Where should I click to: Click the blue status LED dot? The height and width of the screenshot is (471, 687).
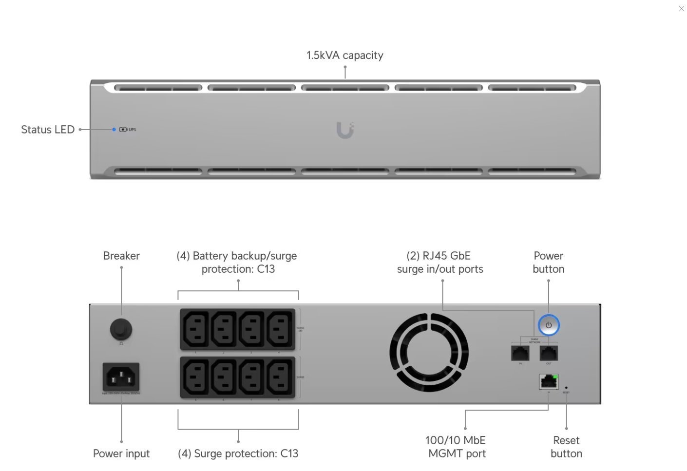(114, 130)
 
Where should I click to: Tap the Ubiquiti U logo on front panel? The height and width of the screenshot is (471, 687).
(345, 130)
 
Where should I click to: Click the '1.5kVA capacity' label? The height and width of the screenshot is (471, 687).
(344, 55)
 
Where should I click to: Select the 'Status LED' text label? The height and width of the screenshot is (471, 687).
(48, 130)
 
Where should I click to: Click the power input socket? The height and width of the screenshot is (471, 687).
(121, 377)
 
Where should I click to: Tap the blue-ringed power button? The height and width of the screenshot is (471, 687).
(549, 325)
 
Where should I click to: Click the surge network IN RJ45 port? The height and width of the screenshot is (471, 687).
(520, 353)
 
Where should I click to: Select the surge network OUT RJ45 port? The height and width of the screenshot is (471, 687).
(549, 353)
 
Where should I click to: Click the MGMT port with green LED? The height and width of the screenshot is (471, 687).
(549, 381)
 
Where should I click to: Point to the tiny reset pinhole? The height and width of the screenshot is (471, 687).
(566, 388)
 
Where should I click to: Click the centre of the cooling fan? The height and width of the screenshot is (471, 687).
(429, 353)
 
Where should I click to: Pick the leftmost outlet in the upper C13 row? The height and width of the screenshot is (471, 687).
(196, 329)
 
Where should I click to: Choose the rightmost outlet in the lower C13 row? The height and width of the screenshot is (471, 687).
(280, 377)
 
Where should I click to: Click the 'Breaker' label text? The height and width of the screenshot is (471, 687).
(121, 256)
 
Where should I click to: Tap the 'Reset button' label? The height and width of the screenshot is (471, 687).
(566, 447)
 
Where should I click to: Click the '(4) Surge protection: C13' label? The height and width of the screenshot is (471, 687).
(238, 453)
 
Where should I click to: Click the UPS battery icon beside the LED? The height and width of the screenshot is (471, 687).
(123, 130)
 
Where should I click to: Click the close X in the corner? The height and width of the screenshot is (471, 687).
(681, 9)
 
